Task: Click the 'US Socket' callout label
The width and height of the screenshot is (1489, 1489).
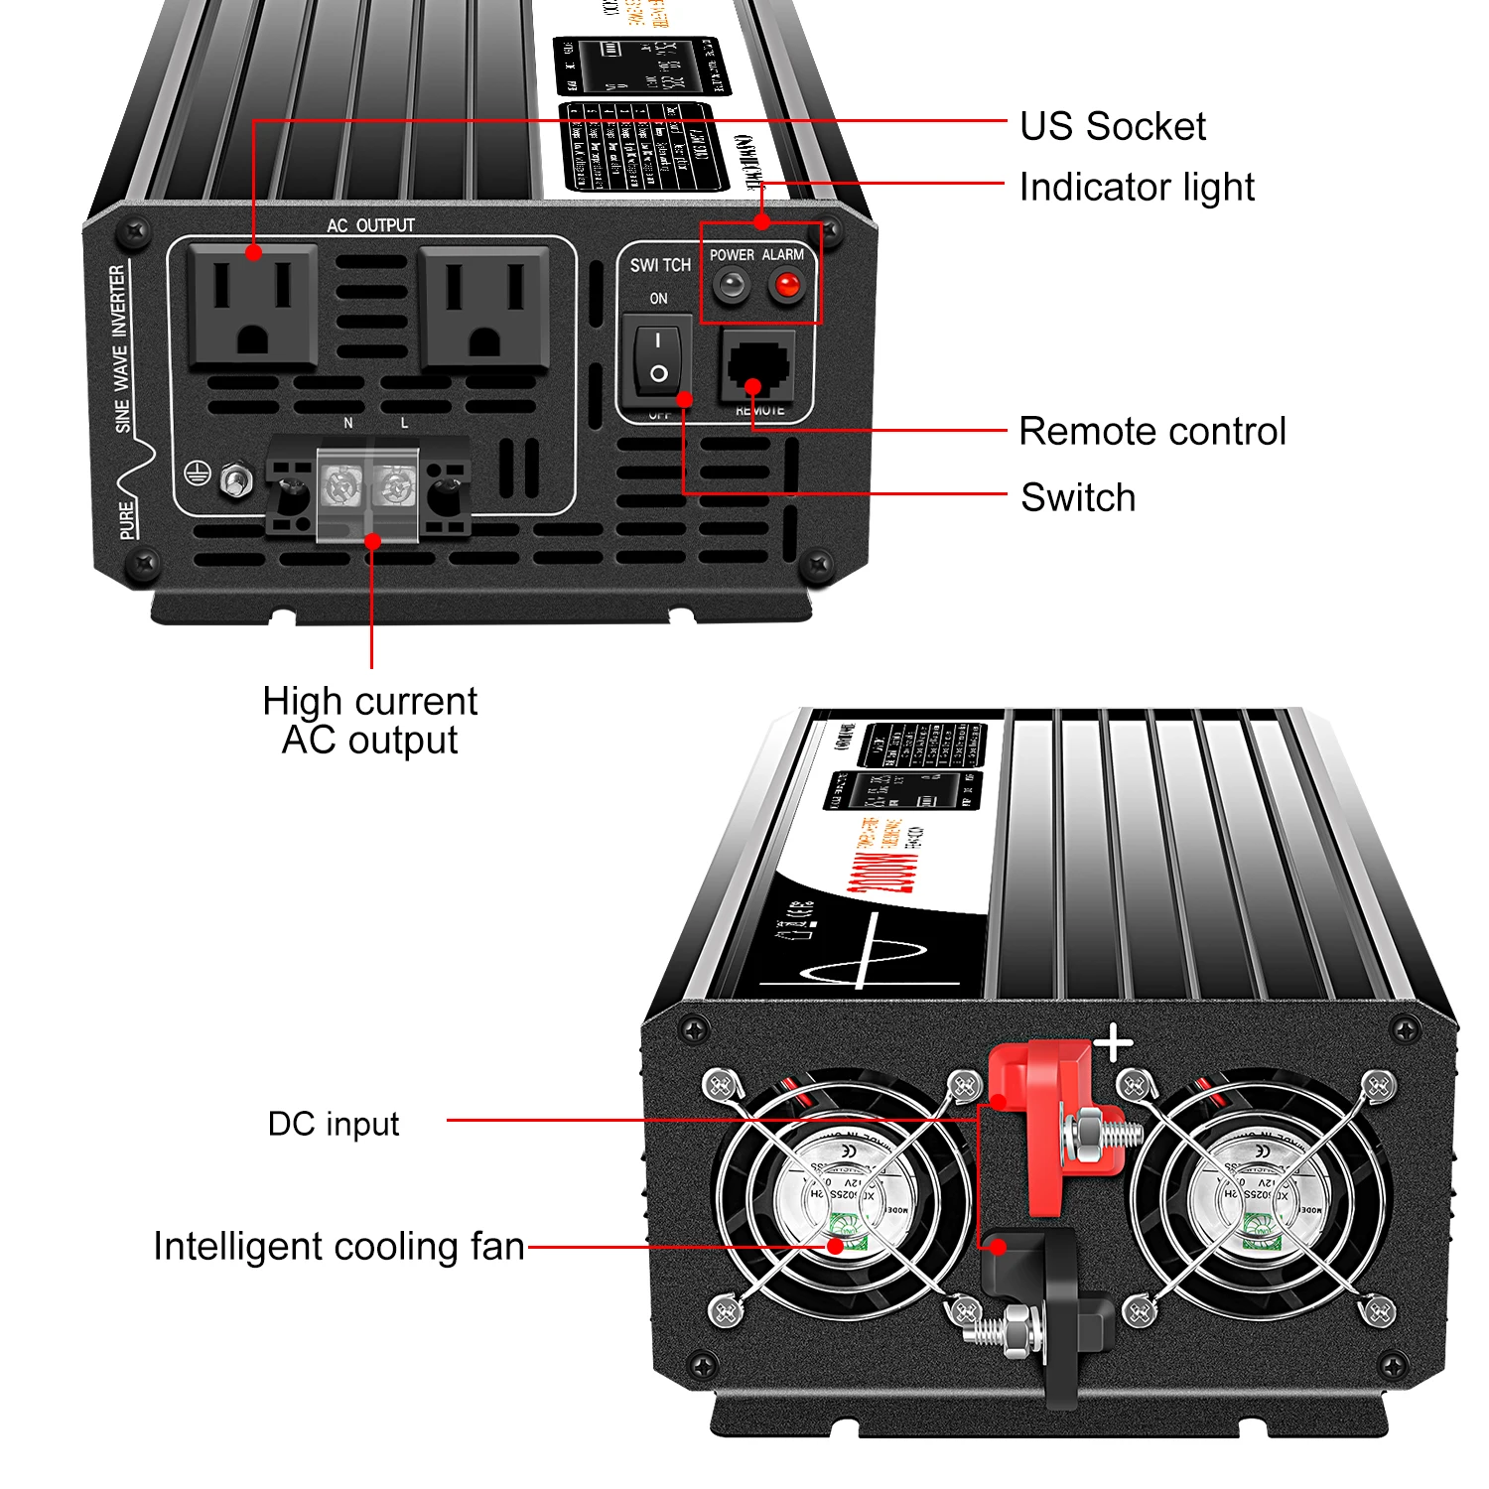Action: pos(1113,127)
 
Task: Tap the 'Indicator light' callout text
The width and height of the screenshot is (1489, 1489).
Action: pos(1137,188)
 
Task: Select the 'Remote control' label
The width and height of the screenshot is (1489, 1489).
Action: pos(1151,432)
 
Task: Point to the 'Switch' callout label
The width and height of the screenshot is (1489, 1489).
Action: pos(1078,497)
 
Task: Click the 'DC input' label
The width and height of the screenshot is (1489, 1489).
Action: pos(334,1124)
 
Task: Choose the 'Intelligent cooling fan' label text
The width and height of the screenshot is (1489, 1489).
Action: pos(338,1247)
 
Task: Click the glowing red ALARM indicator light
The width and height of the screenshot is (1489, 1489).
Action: pos(787,287)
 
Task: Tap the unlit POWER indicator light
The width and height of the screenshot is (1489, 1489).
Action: pos(732,287)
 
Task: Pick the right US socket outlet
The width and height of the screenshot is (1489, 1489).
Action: pos(484,307)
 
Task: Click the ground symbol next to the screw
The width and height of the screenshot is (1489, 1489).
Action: pos(199,474)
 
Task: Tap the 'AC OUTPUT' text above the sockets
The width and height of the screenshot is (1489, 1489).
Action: pos(371,226)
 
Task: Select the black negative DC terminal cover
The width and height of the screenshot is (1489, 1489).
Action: pos(1052,1300)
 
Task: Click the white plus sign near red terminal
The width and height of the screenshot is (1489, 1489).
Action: pos(1114,1043)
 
